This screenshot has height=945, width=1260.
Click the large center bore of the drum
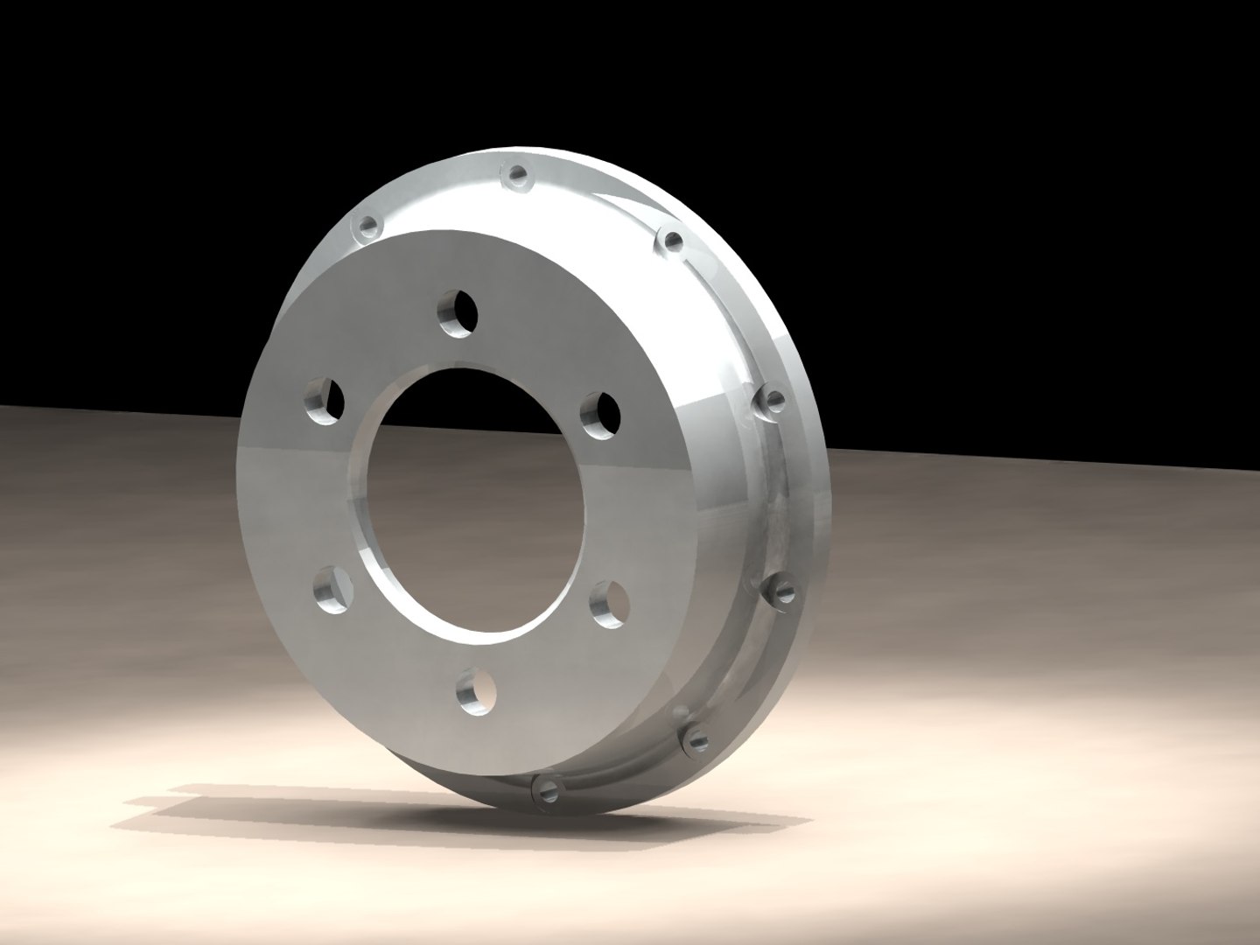pos(477,499)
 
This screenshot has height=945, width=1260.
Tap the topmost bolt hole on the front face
pos(458,312)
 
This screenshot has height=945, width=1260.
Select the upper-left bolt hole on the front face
pos(324,402)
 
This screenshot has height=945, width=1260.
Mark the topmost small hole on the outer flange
pos(518,175)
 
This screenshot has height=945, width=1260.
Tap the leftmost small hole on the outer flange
pos(367,228)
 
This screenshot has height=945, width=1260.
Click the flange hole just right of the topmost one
pos(671,240)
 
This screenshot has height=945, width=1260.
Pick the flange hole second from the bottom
pos(696,738)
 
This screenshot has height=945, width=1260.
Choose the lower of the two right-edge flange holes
pos(780,592)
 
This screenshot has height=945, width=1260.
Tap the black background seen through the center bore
pos(472,402)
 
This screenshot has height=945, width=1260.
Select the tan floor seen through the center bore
pos(490,542)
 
